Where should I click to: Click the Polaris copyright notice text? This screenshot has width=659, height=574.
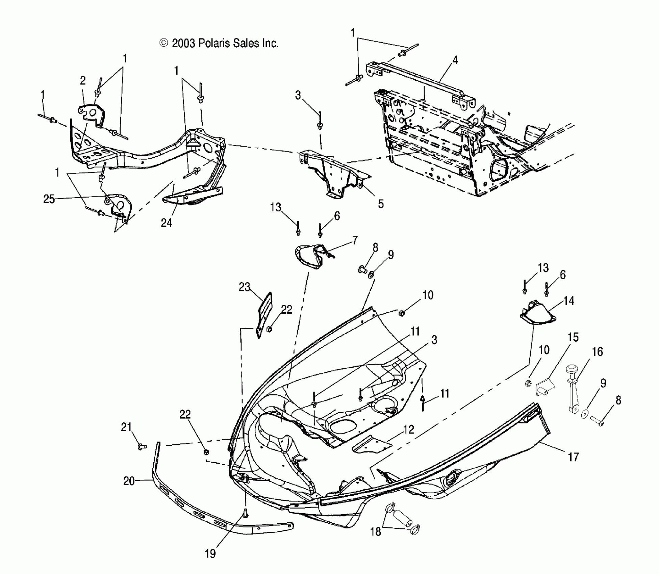(x=219, y=44)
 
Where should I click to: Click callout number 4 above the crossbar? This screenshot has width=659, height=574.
(x=455, y=60)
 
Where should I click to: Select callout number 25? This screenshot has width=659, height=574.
(x=49, y=199)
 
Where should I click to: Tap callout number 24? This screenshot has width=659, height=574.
(x=166, y=223)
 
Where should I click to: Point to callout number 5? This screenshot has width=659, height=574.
(x=381, y=204)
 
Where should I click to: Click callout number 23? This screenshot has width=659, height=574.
(x=244, y=287)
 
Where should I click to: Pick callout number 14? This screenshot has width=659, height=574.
(x=569, y=301)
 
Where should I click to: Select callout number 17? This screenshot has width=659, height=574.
(x=573, y=457)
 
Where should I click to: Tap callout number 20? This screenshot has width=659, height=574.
(x=129, y=481)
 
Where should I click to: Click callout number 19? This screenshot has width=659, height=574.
(x=210, y=554)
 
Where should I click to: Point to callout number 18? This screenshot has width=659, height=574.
(x=376, y=532)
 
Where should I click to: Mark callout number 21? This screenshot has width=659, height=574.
(x=126, y=427)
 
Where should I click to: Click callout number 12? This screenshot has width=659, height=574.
(x=408, y=429)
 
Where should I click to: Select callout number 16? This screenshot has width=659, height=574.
(x=597, y=352)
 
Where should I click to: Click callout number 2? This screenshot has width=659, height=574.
(x=83, y=80)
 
